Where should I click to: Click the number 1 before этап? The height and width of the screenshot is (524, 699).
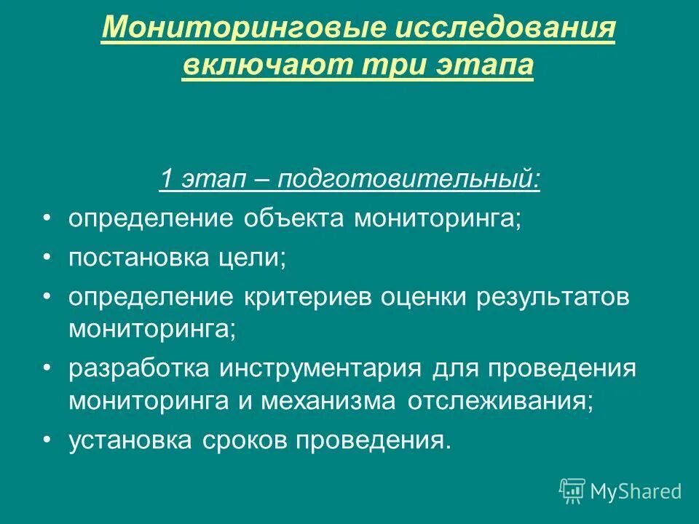click(166, 179)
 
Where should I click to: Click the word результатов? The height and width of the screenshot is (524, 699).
click(553, 298)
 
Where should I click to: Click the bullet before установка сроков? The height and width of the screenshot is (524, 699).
click(48, 440)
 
